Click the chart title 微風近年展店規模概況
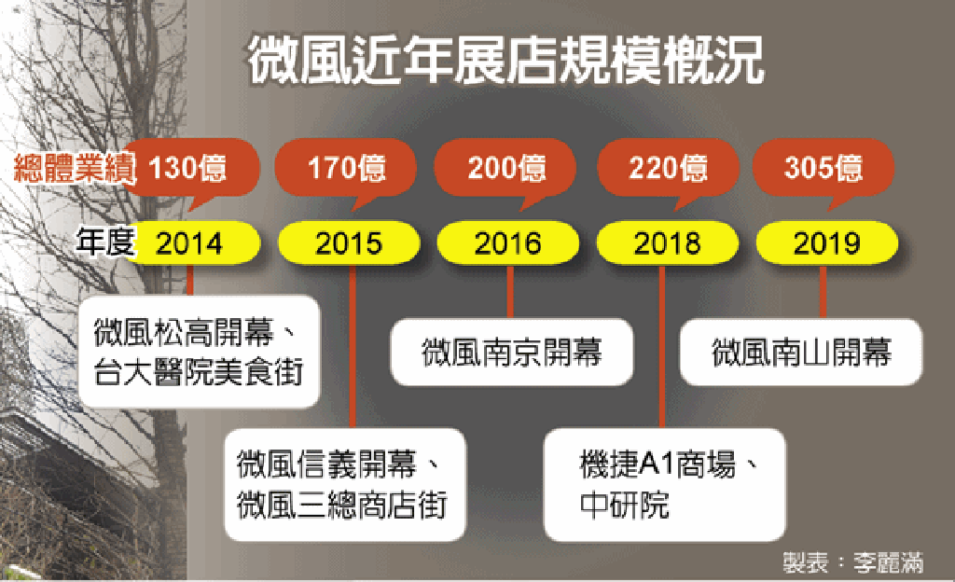(505, 59)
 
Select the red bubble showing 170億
(346, 168)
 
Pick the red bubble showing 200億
(505, 168)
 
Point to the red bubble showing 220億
(668, 168)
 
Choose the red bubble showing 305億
(824, 168)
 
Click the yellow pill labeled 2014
(192, 242)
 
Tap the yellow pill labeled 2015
(349, 242)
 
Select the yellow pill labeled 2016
(508, 242)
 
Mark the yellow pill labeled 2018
(668, 242)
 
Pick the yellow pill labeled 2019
(826, 242)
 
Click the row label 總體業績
(75, 168)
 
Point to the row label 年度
(104, 242)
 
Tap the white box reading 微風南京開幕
(512, 352)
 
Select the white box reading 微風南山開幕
(801, 352)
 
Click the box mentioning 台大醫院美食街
(200, 352)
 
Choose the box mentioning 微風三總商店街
(345, 485)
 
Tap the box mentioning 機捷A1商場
(664, 485)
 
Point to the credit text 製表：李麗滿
(852, 562)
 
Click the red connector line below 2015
(353, 346)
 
